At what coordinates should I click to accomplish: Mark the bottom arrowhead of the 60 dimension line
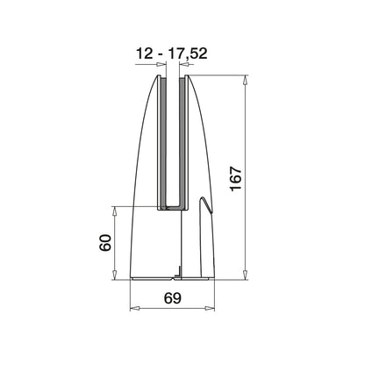pos(114,277)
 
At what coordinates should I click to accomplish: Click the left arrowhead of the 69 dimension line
pos(133,310)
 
